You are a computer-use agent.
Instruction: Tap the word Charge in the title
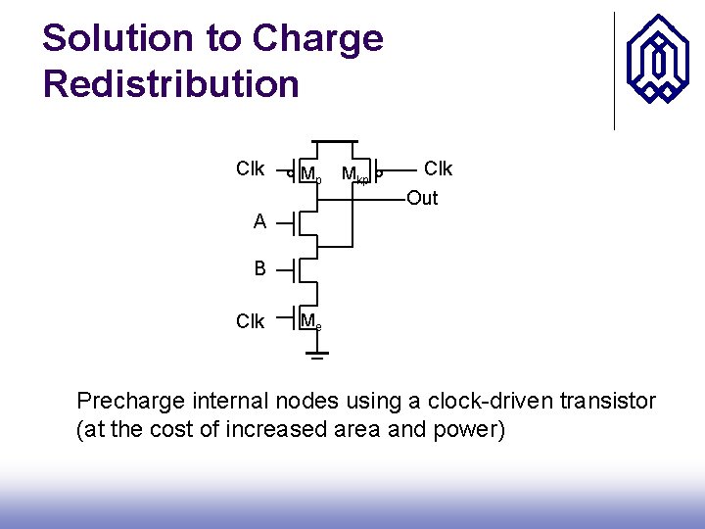[x=317, y=39]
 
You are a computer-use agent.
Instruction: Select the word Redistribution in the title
[x=171, y=83]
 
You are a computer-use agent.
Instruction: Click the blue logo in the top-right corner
[x=657, y=62]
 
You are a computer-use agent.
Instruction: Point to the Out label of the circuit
[x=422, y=199]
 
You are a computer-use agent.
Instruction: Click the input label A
[x=259, y=222]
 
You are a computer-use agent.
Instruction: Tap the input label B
[x=259, y=267]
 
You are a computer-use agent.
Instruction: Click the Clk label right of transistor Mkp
[x=437, y=169]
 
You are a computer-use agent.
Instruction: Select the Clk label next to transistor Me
[x=251, y=321]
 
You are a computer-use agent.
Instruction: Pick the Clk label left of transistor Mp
[x=251, y=169]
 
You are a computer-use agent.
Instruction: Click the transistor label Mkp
[x=353, y=175]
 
